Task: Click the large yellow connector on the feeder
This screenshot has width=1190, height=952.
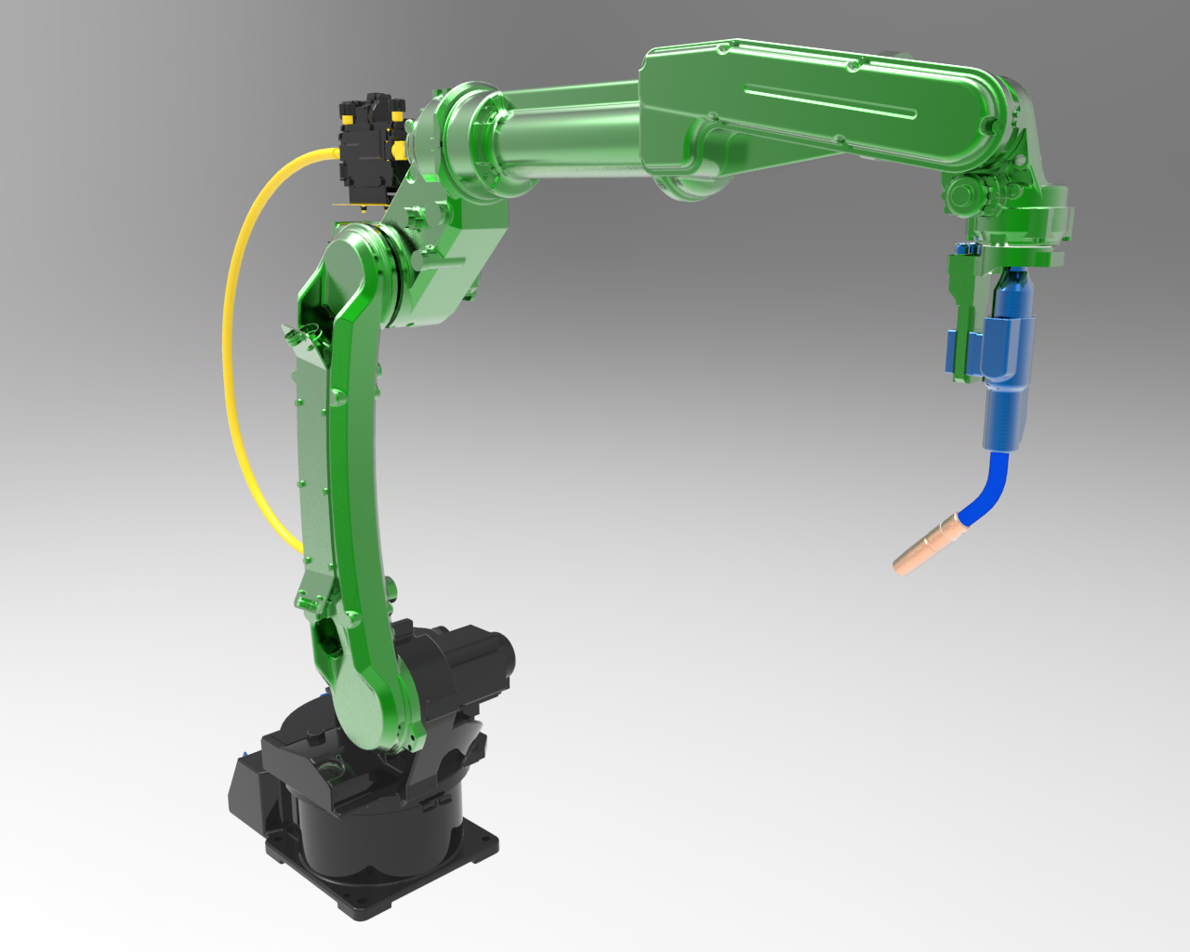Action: (398, 149)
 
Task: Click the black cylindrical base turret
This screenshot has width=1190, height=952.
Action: (372, 827)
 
